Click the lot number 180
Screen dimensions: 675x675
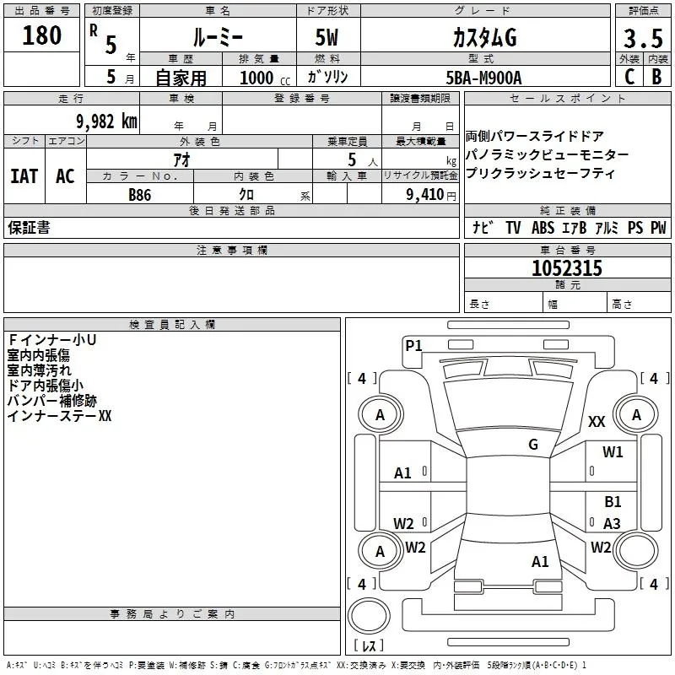click(42, 35)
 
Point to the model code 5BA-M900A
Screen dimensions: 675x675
click(483, 77)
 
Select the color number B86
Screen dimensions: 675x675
click(141, 194)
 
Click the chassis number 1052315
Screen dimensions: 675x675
click(567, 268)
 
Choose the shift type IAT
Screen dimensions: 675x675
click(24, 176)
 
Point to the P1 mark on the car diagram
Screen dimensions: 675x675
click(413, 344)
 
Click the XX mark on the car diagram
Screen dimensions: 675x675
click(597, 422)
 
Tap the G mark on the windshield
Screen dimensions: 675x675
click(533, 445)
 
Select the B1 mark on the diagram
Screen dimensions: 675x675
click(613, 501)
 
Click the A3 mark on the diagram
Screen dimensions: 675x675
click(613, 523)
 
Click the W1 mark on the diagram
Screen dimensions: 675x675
click(613, 452)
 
